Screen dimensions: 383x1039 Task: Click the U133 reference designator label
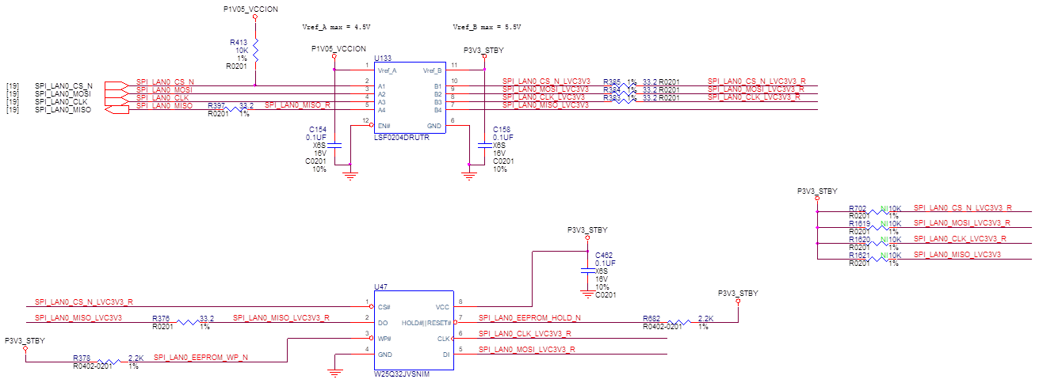384,59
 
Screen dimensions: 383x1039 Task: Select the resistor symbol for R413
255,49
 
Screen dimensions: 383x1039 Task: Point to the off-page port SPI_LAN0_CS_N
115,85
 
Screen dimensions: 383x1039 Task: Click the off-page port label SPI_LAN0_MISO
63,110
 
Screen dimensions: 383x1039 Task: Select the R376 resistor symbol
190,322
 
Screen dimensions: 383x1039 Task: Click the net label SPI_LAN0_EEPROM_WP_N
201,358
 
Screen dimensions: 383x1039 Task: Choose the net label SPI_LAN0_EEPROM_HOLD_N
530,318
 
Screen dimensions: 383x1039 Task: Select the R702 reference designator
859,207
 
